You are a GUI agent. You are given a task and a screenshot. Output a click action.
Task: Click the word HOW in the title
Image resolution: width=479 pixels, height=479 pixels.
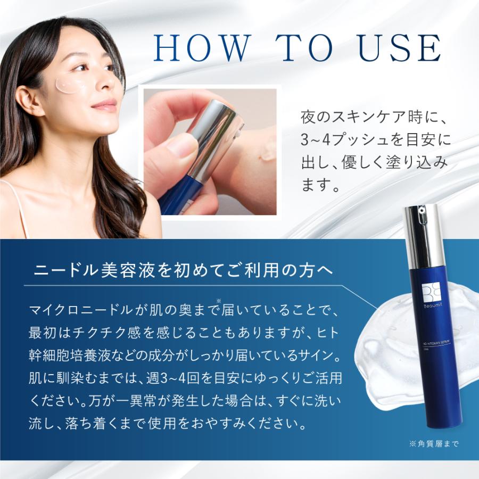202,48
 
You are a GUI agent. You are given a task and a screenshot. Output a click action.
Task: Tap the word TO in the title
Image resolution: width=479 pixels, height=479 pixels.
304,48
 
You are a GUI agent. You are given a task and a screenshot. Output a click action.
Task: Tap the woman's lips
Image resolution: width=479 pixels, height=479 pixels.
105,105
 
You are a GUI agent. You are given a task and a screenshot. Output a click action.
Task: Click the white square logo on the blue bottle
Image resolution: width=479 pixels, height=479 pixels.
431,293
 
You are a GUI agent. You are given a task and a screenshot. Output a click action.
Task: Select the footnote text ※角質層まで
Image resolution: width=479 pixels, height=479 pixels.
434,443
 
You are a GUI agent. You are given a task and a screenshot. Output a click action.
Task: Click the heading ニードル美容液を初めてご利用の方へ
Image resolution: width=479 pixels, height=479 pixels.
183,270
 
